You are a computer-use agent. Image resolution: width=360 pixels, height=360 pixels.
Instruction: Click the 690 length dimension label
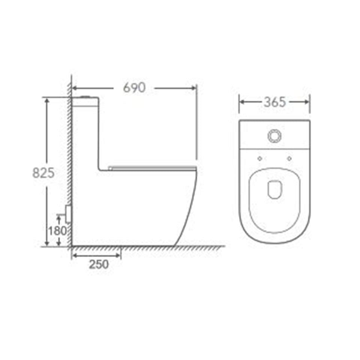coord(134,87)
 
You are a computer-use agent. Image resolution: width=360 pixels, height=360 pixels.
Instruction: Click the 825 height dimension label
coord(43,173)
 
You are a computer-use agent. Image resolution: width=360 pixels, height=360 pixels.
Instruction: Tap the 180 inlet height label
coord(57,231)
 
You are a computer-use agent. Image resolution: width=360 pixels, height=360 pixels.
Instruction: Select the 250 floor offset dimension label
coord(99,264)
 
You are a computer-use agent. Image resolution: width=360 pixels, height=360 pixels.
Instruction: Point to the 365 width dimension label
coord(275,102)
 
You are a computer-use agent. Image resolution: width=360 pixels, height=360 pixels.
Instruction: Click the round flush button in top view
coord(274,136)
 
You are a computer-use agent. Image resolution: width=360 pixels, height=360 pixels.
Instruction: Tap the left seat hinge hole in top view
coord(259,158)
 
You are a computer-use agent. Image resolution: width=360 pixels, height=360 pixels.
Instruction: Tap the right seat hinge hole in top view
coord(289,158)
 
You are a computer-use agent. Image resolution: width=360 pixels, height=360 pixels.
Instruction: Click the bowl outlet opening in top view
coord(274,189)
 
